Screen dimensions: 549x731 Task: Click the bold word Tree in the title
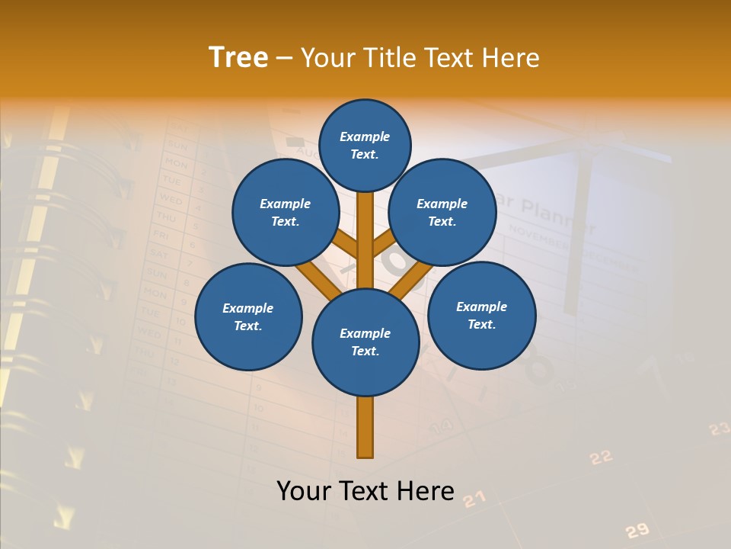tap(238, 57)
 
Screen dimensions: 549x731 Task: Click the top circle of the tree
tap(365, 145)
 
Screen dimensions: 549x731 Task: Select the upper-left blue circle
tap(285, 212)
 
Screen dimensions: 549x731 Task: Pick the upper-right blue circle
tap(442, 212)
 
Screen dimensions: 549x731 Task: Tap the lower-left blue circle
tap(247, 316)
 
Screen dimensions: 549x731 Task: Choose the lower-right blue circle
tap(481, 315)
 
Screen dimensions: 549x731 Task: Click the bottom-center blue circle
tap(365, 342)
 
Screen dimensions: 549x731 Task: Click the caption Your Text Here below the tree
tap(365, 491)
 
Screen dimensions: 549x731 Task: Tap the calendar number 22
tap(601, 457)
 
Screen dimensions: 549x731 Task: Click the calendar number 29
tap(637, 530)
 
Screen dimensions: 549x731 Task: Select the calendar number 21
tap(474, 499)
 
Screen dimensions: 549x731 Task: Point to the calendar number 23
tap(719, 429)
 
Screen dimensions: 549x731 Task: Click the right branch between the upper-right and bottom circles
tap(410, 281)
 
